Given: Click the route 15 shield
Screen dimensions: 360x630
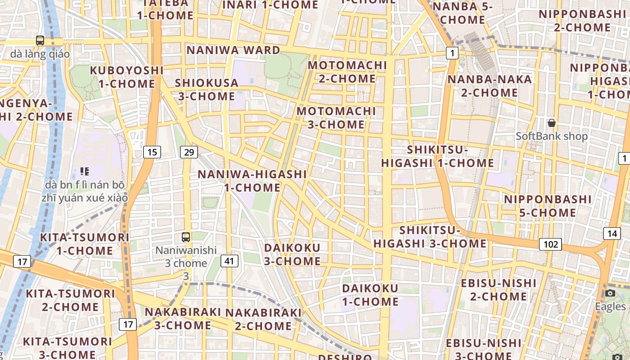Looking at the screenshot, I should click(152, 152).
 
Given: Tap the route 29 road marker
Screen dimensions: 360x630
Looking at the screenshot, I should click(189, 152).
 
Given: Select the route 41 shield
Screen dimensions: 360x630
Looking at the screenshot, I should click(229, 261).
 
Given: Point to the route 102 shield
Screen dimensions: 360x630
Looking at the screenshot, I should click(550, 244).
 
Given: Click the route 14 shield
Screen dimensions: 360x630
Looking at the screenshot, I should click(612, 233).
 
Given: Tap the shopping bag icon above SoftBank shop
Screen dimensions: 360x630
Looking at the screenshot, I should click(551, 123).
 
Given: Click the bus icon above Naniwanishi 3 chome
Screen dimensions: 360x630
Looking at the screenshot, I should click(186, 237).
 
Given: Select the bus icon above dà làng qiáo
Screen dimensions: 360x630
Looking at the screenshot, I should click(40, 40).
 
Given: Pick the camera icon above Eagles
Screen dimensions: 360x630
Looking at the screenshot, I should click(610, 293).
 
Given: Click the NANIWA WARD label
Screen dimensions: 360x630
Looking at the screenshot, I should click(234, 50).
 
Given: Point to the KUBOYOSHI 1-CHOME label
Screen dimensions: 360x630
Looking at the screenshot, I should click(127, 77).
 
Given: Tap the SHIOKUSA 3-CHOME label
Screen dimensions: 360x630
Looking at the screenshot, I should click(206, 89).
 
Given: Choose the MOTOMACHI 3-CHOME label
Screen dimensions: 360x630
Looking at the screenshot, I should click(336, 117).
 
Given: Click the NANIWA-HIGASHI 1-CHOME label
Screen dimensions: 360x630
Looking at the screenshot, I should click(252, 180).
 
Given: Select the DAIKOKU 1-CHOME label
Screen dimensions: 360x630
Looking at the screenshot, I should click(370, 295).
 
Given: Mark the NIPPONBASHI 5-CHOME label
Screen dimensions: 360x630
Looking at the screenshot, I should click(548, 206).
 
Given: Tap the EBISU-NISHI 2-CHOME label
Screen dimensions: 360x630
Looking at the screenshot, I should click(499, 290).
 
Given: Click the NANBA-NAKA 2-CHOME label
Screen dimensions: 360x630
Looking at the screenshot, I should click(490, 86).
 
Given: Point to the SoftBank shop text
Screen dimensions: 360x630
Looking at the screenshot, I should click(552, 136).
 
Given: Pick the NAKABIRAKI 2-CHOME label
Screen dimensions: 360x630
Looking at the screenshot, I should click(264, 319).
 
